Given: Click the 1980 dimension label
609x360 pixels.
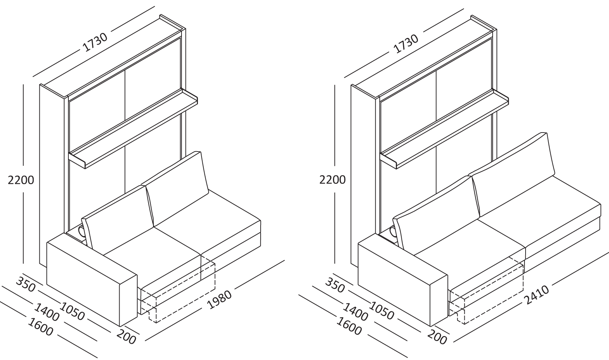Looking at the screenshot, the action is pyautogui.click(x=220, y=299).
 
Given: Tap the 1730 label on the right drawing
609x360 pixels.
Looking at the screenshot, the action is pyautogui.click(x=406, y=44).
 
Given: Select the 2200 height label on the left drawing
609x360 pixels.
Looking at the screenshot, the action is pyautogui.click(x=21, y=180).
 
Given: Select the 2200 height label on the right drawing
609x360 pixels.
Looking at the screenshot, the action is pyautogui.click(x=332, y=180).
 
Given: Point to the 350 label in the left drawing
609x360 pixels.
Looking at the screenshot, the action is pyautogui.click(x=26, y=284).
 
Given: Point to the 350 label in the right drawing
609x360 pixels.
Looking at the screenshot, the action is pyautogui.click(x=335, y=285).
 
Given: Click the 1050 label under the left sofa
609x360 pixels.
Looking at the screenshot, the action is pyautogui.click(x=72, y=311).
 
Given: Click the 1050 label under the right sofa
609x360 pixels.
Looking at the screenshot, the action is pyautogui.click(x=381, y=311).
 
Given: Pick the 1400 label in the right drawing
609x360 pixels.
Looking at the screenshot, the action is pyautogui.click(x=355, y=312).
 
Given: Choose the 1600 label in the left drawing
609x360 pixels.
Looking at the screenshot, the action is pyautogui.click(x=40, y=327).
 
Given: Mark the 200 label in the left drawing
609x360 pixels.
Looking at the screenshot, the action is pyautogui.click(x=126, y=337).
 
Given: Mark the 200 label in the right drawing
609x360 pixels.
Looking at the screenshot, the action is pyautogui.click(x=437, y=337).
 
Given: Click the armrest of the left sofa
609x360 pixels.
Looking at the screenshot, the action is pyautogui.click(x=92, y=283).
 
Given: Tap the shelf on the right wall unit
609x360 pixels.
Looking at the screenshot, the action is pyautogui.click(x=444, y=129).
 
